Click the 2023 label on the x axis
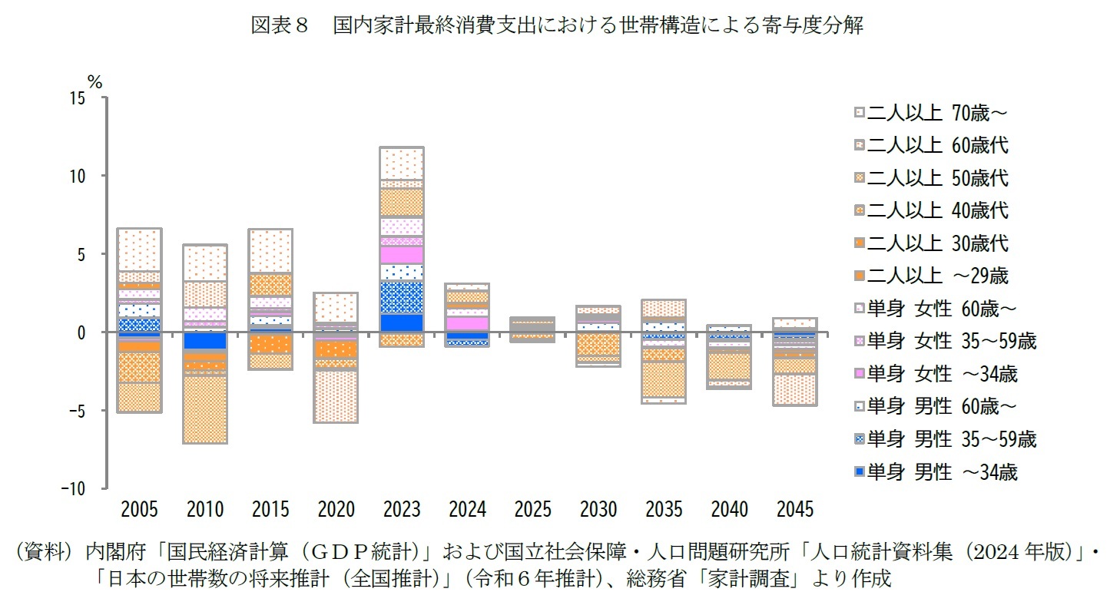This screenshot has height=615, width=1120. click(x=402, y=509)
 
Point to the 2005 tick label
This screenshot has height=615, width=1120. click(x=140, y=509)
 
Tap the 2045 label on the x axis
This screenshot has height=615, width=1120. click(x=794, y=509)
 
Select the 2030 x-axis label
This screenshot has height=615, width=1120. click(x=598, y=509)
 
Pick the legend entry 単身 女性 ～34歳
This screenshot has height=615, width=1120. click(x=941, y=374)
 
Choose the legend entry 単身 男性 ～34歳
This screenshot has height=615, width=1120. click(x=941, y=472)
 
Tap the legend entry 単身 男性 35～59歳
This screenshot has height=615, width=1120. click(x=951, y=439)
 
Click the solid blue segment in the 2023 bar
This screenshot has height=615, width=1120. click(x=402, y=322)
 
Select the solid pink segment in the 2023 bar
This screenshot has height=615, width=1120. click(x=402, y=254)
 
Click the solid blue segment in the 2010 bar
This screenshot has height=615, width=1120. click(x=205, y=340)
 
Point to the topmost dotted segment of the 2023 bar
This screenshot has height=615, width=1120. click(x=402, y=163)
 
